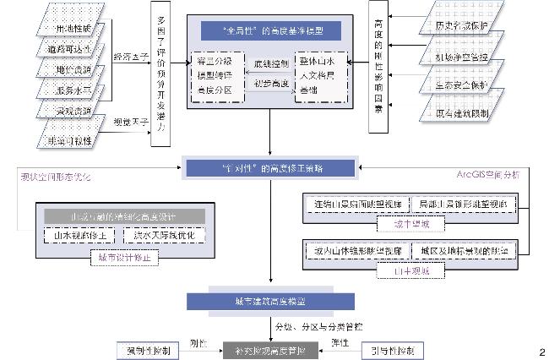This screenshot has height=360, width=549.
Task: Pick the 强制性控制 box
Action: pos(149,349)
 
